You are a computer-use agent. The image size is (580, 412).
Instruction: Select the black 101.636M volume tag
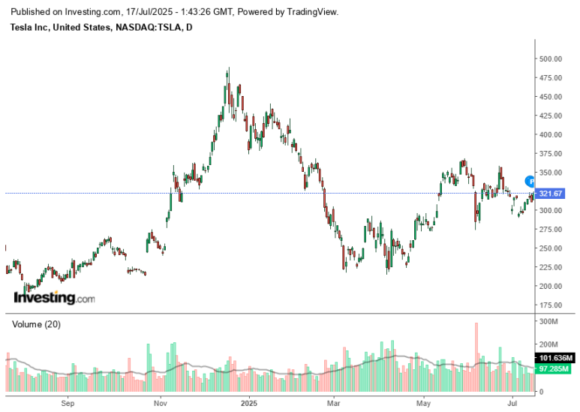[556, 357]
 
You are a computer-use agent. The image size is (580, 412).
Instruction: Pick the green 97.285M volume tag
[556, 368]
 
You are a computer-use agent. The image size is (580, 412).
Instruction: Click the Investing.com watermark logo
[55, 298]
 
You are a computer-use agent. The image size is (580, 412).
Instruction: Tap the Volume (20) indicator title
[37, 324]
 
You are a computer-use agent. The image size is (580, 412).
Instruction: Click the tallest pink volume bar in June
[476, 357]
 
